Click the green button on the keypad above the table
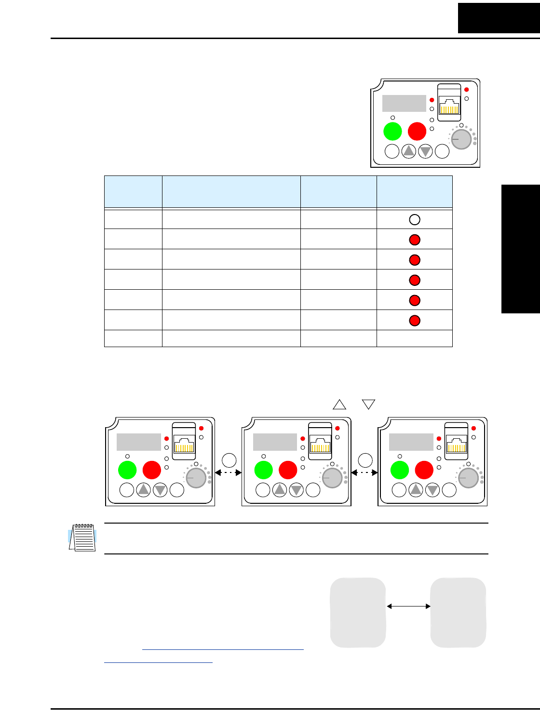[x=392, y=131]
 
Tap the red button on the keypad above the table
[x=417, y=131]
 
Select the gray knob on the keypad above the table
[x=461, y=139]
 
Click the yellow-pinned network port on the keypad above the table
[x=449, y=107]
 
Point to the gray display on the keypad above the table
[x=404, y=103]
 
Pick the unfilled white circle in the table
[x=415, y=219]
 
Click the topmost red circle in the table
[x=415, y=240]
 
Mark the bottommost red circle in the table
[x=415, y=321]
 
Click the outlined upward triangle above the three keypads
[x=339, y=404]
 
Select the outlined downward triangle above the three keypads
[x=369, y=404]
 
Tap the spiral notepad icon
[x=82, y=538]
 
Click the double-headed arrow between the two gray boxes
[x=408, y=606]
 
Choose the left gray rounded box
[x=358, y=612]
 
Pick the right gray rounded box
[x=458, y=612]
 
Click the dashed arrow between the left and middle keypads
[x=228, y=473]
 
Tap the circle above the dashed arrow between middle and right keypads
[x=365, y=460]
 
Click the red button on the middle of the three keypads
[x=288, y=470]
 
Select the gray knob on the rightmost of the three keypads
[x=469, y=478]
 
